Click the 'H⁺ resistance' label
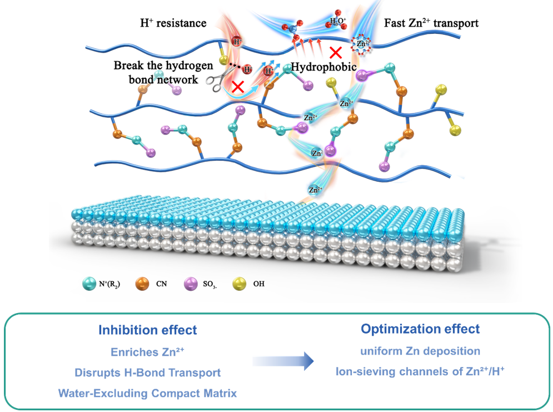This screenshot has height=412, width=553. pos(173,23)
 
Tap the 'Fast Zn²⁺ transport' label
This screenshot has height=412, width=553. pos(431,23)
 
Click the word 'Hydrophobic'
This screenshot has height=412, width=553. pos(323,67)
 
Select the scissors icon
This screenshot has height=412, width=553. pos(220,78)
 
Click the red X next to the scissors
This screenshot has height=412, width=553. pos(238,86)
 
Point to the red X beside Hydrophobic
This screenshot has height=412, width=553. pos(335,53)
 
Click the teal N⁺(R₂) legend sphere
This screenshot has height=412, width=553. pos(89,284)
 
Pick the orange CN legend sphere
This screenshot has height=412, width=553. pos(142,284)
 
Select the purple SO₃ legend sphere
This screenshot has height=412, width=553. pos(191,284)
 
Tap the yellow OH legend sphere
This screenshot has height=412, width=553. pos(240,284)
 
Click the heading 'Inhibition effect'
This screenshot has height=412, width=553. pos(148,330)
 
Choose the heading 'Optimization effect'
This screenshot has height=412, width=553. pos(420,329)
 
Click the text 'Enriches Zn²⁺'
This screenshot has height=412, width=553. pos(147,352)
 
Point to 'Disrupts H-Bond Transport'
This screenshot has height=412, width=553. pos(148,373)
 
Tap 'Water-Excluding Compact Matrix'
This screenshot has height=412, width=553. pos(147,393)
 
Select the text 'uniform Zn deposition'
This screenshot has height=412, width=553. pos(420,351)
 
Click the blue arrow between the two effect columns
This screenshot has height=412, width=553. pos(283,361)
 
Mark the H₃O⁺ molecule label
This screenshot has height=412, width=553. pos(338,21)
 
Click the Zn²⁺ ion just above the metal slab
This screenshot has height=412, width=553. pos(315,190)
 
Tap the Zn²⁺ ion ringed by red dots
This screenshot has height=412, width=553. pos(361,44)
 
